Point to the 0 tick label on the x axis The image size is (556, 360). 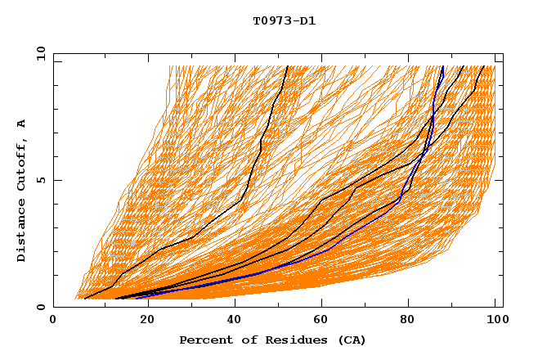pos(53,320)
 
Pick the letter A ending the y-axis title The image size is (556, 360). pos(22,123)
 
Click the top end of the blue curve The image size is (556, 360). pos(443,66)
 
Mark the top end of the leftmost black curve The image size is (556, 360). pos(287,66)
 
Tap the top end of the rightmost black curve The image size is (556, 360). pos(483,66)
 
